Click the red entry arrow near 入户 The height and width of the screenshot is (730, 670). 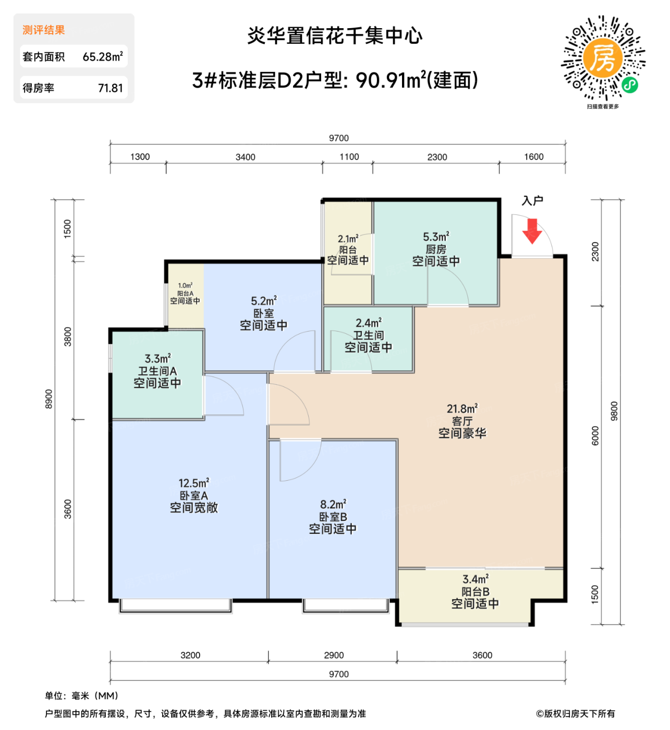pyautogui.click(x=532, y=232)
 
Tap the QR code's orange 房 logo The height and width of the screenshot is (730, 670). pyautogui.click(x=603, y=58)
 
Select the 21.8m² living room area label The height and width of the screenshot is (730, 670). pyautogui.click(x=462, y=409)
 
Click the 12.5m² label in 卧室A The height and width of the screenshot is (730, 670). pyautogui.click(x=193, y=483)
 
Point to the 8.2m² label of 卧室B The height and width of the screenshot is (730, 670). pyautogui.click(x=333, y=505)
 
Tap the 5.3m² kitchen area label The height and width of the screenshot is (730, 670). pyautogui.click(x=436, y=237)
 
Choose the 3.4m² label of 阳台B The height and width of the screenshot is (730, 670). pyautogui.click(x=475, y=579)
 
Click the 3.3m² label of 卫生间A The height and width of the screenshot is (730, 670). pyautogui.click(x=157, y=359)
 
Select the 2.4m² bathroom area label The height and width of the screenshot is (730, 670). pyautogui.click(x=368, y=323)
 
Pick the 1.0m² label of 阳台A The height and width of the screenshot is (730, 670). pyautogui.click(x=185, y=286)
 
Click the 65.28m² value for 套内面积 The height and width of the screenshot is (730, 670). pyautogui.click(x=103, y=56)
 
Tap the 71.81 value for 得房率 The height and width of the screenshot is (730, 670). pyautogui.click(x=111, y=88)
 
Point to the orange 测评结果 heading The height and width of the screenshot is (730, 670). pyautogui.click(x=44, y=30)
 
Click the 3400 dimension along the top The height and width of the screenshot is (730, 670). pyautogui.click(x=245, y=157)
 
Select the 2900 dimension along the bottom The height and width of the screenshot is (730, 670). pyautogui.click(x=334, y=655)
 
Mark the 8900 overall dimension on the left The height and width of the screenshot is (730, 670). pyautogui.click(x=49, y=399)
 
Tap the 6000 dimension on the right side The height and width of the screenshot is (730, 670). pyautogui.click(x=595, y=436)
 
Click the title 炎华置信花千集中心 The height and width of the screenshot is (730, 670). pyautogui.click(x=335, y=36)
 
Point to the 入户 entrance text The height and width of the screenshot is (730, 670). pyautogui.click(x=532, y=201)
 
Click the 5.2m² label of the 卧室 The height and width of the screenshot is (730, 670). pyautogui.click(x=263, y=301)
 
